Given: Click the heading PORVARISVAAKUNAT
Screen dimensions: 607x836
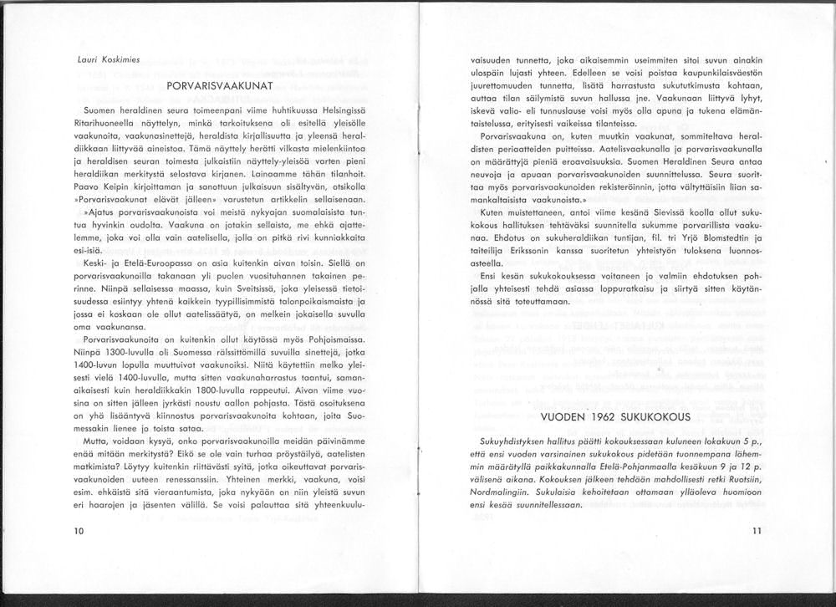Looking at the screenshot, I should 220,86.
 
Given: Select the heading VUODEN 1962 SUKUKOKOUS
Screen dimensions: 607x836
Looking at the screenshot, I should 614,416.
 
